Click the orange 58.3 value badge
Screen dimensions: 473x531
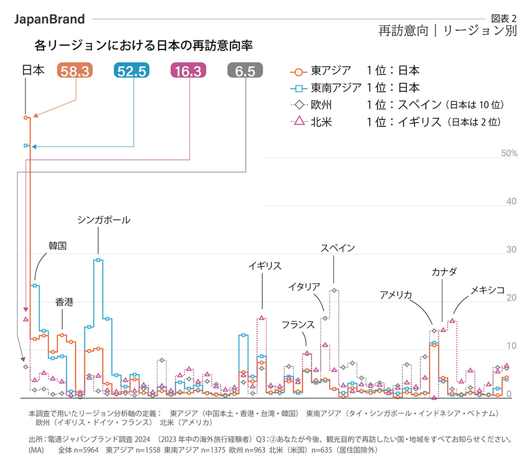[75, 71]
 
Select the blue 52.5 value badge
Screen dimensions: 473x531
[132, 71]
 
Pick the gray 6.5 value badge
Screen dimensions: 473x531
[245, 71]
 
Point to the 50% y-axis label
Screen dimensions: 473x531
[509, 153]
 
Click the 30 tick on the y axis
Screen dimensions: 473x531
[511, 250]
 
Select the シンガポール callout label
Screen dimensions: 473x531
[104, 220]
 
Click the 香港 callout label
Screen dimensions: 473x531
[64, 302]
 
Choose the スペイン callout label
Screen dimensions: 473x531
[338, 248]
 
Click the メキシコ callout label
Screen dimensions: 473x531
[487, 290]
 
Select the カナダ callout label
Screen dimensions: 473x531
[443, 272]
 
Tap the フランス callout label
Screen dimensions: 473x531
[299, 324]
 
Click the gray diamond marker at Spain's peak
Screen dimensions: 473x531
[334, 290]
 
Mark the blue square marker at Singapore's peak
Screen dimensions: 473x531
[98, 260]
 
